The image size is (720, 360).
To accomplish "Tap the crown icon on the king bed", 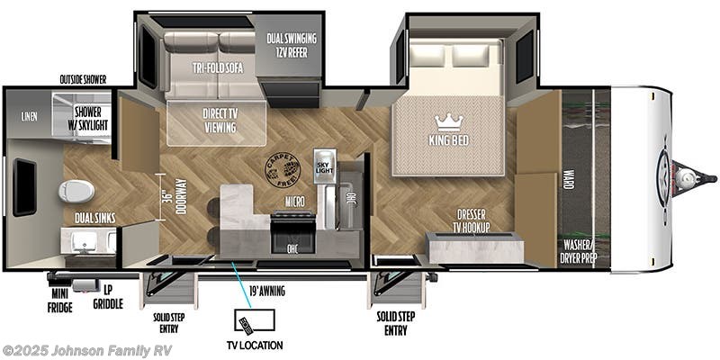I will pos(447,121).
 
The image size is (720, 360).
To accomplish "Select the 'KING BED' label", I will pos(447,139).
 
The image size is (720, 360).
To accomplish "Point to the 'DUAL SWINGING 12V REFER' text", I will pos(289,45).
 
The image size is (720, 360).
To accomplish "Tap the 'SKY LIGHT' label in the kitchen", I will pos(322,165).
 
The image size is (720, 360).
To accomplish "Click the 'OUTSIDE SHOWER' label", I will pos(83,79).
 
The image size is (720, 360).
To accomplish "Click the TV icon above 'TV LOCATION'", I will pos(247,322).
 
